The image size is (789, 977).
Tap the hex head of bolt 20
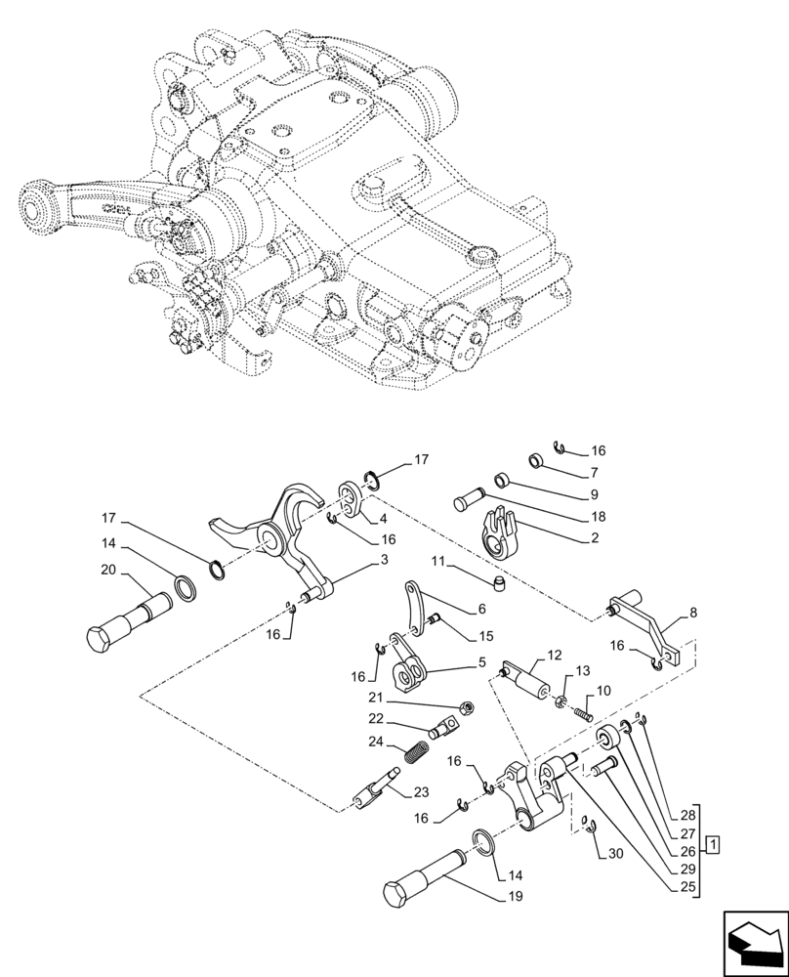(x=99, y=642)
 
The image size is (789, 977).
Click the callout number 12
(x=555, y=655)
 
